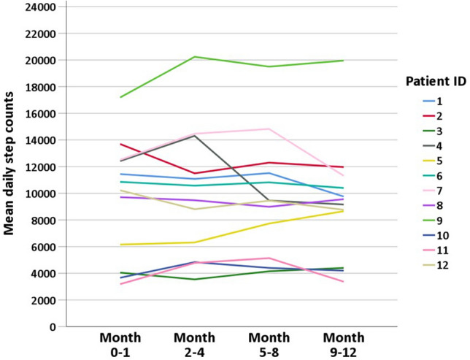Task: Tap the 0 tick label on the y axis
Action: pos(53,326)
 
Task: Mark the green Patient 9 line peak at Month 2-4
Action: pos(194,57)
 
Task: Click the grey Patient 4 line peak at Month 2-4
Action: pos(194,136)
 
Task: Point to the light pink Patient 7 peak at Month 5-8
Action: pos(269,129)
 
